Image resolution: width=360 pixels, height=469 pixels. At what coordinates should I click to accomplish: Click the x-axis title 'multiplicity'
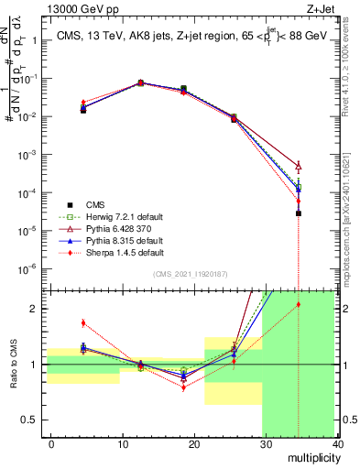312,456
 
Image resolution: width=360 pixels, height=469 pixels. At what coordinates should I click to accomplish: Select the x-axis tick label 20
194,442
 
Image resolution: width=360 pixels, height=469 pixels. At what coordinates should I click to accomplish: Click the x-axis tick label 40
337,442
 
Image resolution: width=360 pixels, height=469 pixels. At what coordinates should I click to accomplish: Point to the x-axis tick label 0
51,442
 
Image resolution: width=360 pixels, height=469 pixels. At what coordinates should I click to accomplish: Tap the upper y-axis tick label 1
29,41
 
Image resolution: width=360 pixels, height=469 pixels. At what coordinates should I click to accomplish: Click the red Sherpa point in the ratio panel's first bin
83,322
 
